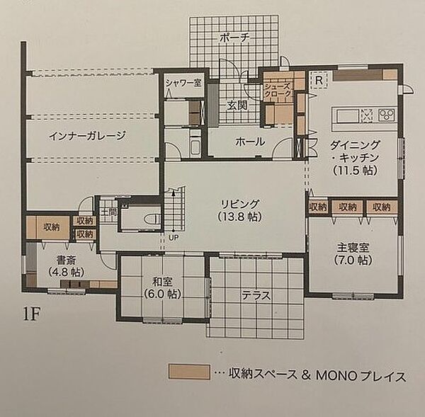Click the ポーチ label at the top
coord(232,38)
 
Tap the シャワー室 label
coord(182,83)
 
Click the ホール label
coord(250,142)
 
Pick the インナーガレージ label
coord(87,137)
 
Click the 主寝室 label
coord(352,247)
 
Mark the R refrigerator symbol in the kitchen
coord(319,79)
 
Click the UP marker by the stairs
coord(173,236)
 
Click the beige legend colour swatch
coord(189,372)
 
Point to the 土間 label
coord(108,210)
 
